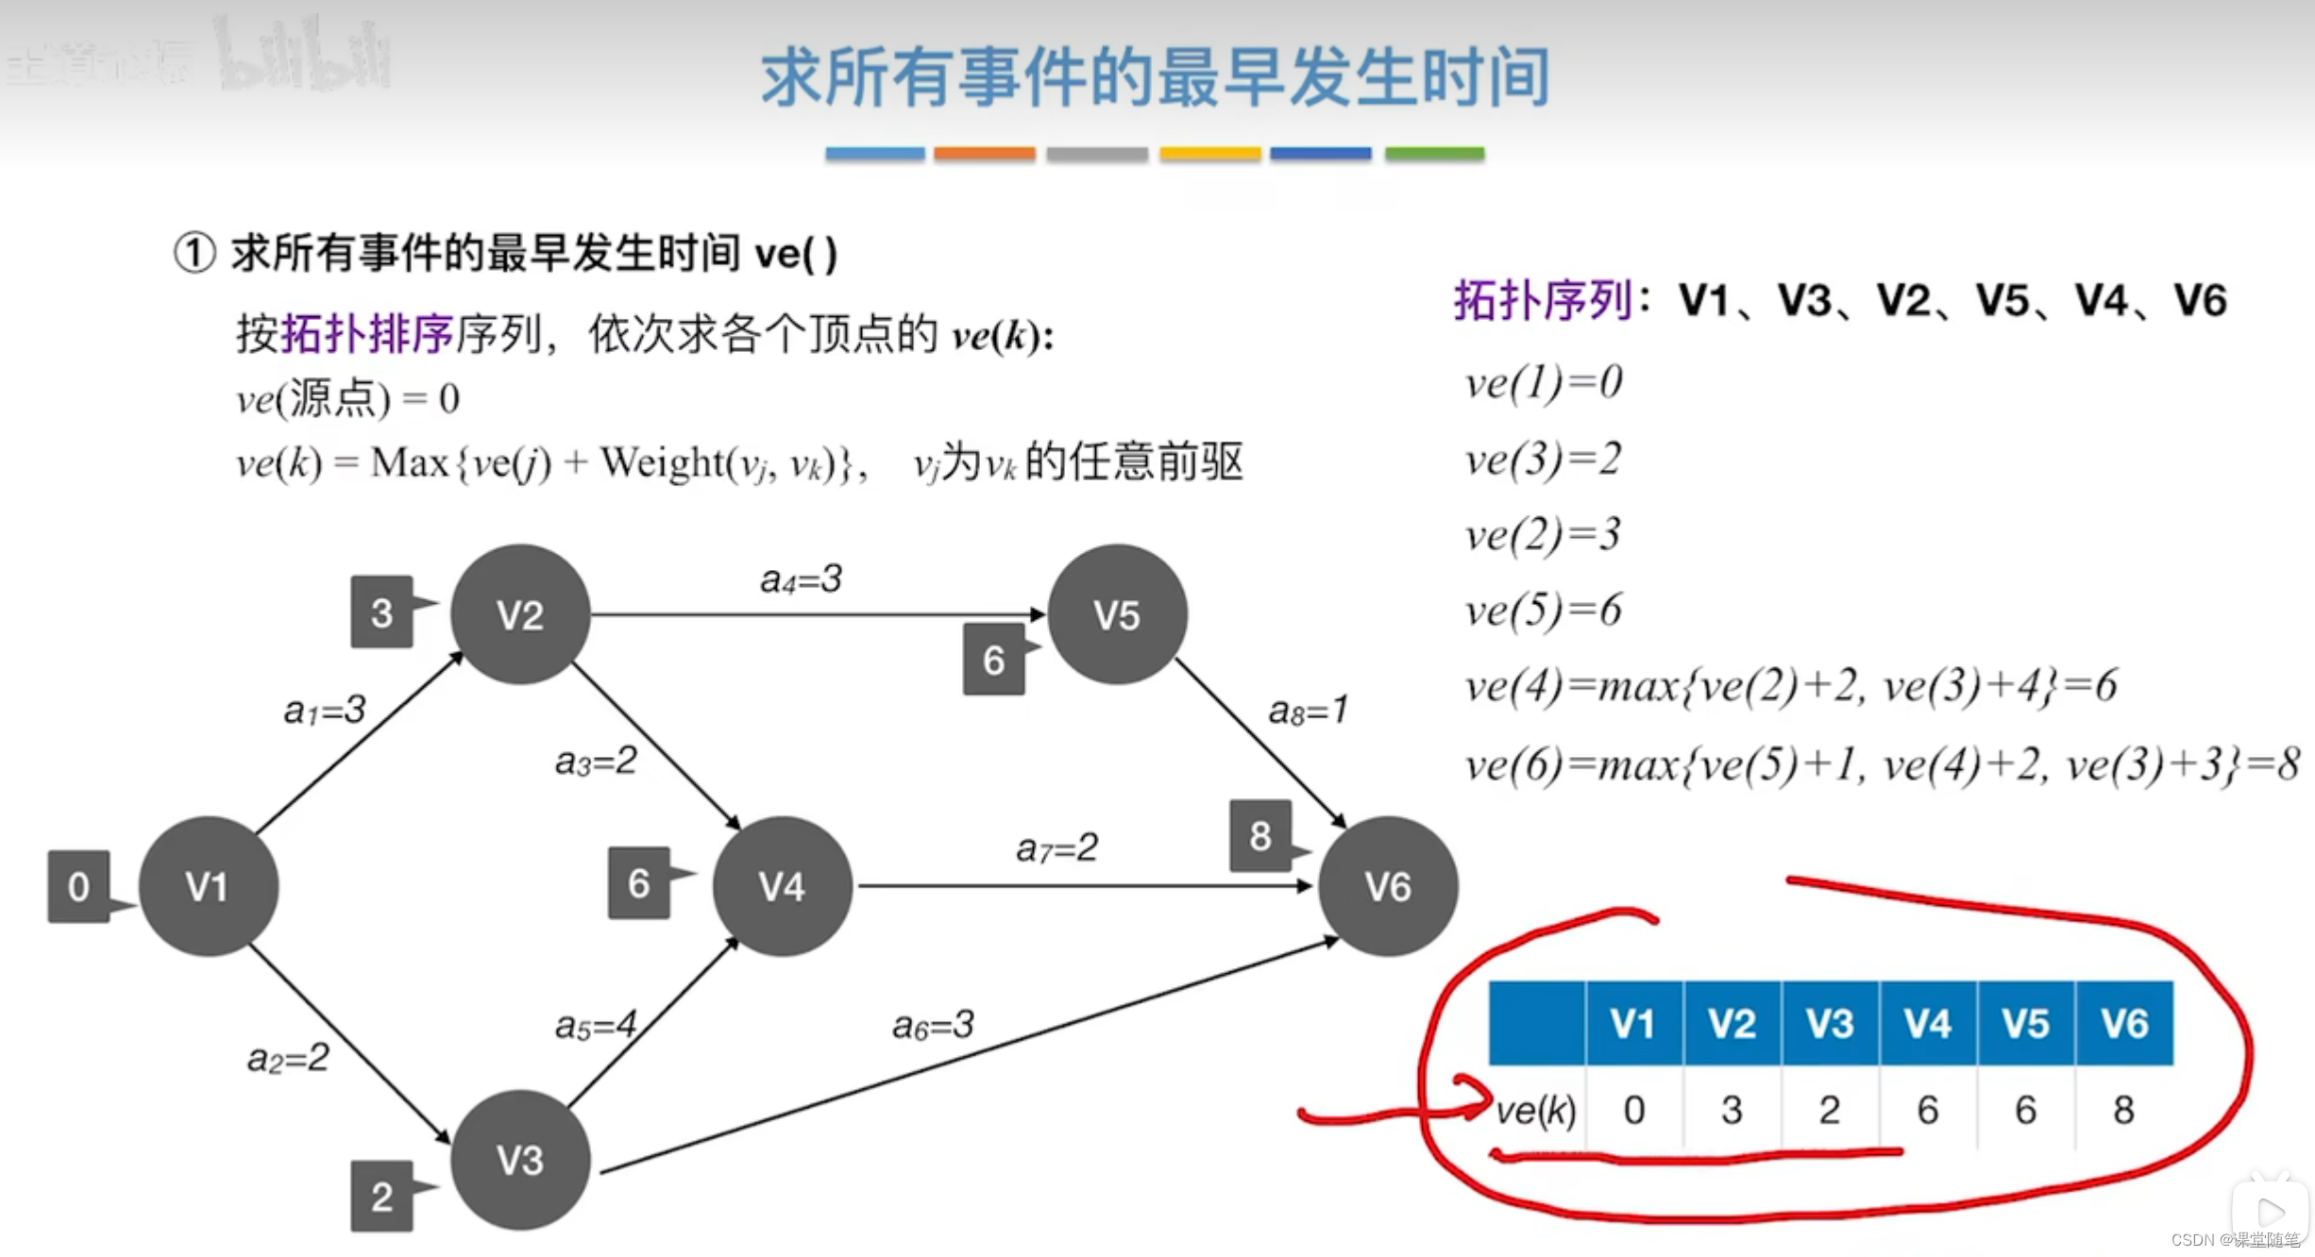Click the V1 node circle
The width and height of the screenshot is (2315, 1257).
(208, 886)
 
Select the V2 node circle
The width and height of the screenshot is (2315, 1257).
(520, 614)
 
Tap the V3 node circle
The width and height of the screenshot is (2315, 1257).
(520, 1160)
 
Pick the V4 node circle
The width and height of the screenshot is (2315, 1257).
(782, 886)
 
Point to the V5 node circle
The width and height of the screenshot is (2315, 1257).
(1117, 614)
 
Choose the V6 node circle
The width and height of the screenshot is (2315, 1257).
(1388, 886)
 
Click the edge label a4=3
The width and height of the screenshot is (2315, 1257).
(801, 579)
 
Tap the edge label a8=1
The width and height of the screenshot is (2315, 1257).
(1308, 711)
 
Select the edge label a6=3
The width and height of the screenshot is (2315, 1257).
(933, 1025)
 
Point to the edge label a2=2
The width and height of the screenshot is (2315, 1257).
(288, 1059)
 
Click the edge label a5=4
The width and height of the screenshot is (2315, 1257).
(596, 1025)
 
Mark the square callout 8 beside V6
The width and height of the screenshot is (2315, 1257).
(1260, 836)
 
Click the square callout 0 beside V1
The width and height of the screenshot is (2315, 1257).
(79, 887)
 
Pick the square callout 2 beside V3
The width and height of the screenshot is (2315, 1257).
(381, 1197)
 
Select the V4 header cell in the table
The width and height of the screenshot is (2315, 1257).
(1927, 1024)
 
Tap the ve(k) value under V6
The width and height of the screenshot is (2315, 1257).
(2123, 1110)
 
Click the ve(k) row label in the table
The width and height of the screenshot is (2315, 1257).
(1536, 1110)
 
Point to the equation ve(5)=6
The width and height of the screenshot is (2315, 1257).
(1543, 611)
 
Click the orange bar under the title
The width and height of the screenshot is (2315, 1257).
(984, 154)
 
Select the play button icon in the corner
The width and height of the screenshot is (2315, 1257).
(2270, 1212)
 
